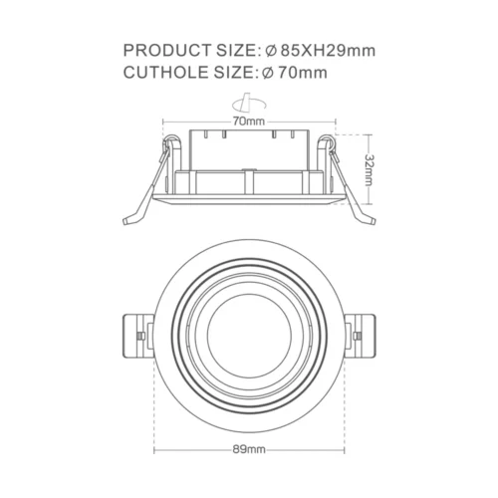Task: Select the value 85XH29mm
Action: point(325,50)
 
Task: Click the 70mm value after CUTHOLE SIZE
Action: point(301,72)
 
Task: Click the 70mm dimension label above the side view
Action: point(248,121)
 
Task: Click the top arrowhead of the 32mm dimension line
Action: point(371,135)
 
